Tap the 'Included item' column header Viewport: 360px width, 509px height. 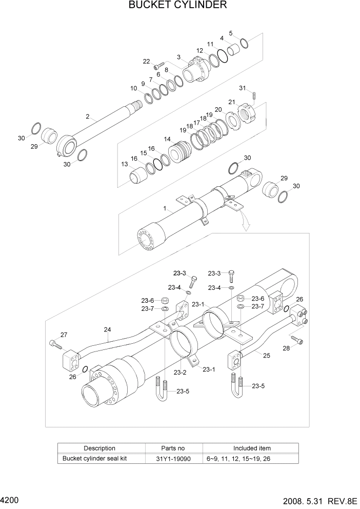coord(252,448)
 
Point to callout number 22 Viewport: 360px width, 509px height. coord(147,62)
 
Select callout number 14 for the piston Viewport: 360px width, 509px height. coord(167,139)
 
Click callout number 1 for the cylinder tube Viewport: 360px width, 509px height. coord(165,209)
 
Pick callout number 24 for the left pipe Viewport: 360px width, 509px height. coord(108,329)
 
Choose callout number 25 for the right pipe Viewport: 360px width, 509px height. coord(266,355)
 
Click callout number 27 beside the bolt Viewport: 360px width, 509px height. coord(64,335)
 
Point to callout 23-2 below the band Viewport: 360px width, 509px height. coord(179,373)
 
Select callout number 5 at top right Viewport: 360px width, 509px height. coord(231,33)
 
